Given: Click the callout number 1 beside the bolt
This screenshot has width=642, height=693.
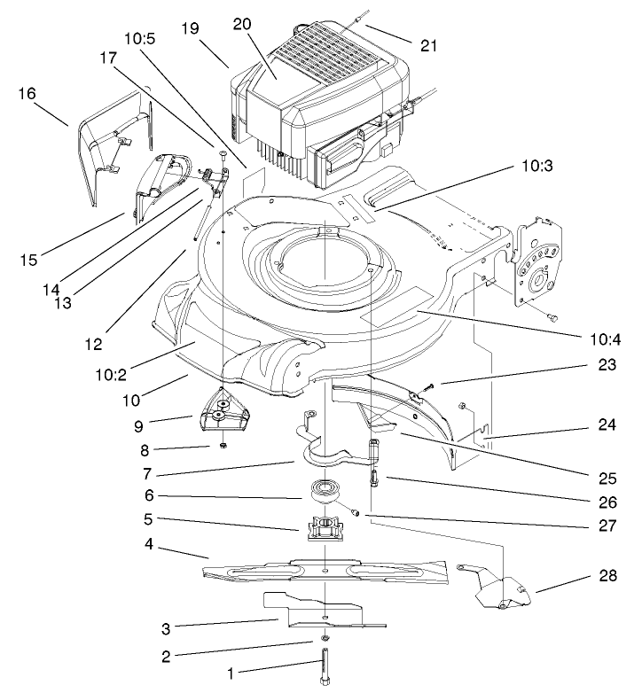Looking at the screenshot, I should click(231, 674).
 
